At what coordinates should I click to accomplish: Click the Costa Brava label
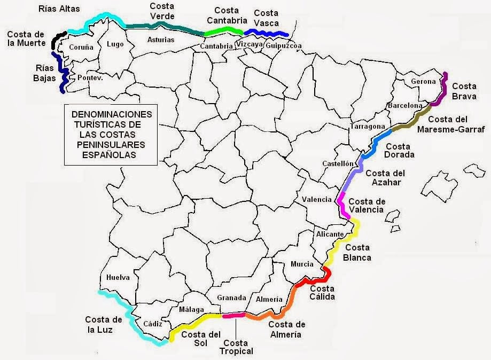click(x=464, y=91)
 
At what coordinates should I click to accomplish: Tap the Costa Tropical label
click(x=236, y=347)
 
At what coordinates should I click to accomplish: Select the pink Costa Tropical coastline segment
click(x=233, y=316)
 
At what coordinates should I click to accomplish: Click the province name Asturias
click(x=160, y=40)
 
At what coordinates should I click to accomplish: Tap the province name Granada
click(x=231, y=298)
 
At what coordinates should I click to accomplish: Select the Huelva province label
click(x=118, y=278)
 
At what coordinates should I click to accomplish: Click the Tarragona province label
click(x=368, y=127)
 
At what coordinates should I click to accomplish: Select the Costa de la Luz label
click(x=104, y=324)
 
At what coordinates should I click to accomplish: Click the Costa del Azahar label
click(x=385, y=177)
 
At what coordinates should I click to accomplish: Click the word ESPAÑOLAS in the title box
click(x=108, y=155)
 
